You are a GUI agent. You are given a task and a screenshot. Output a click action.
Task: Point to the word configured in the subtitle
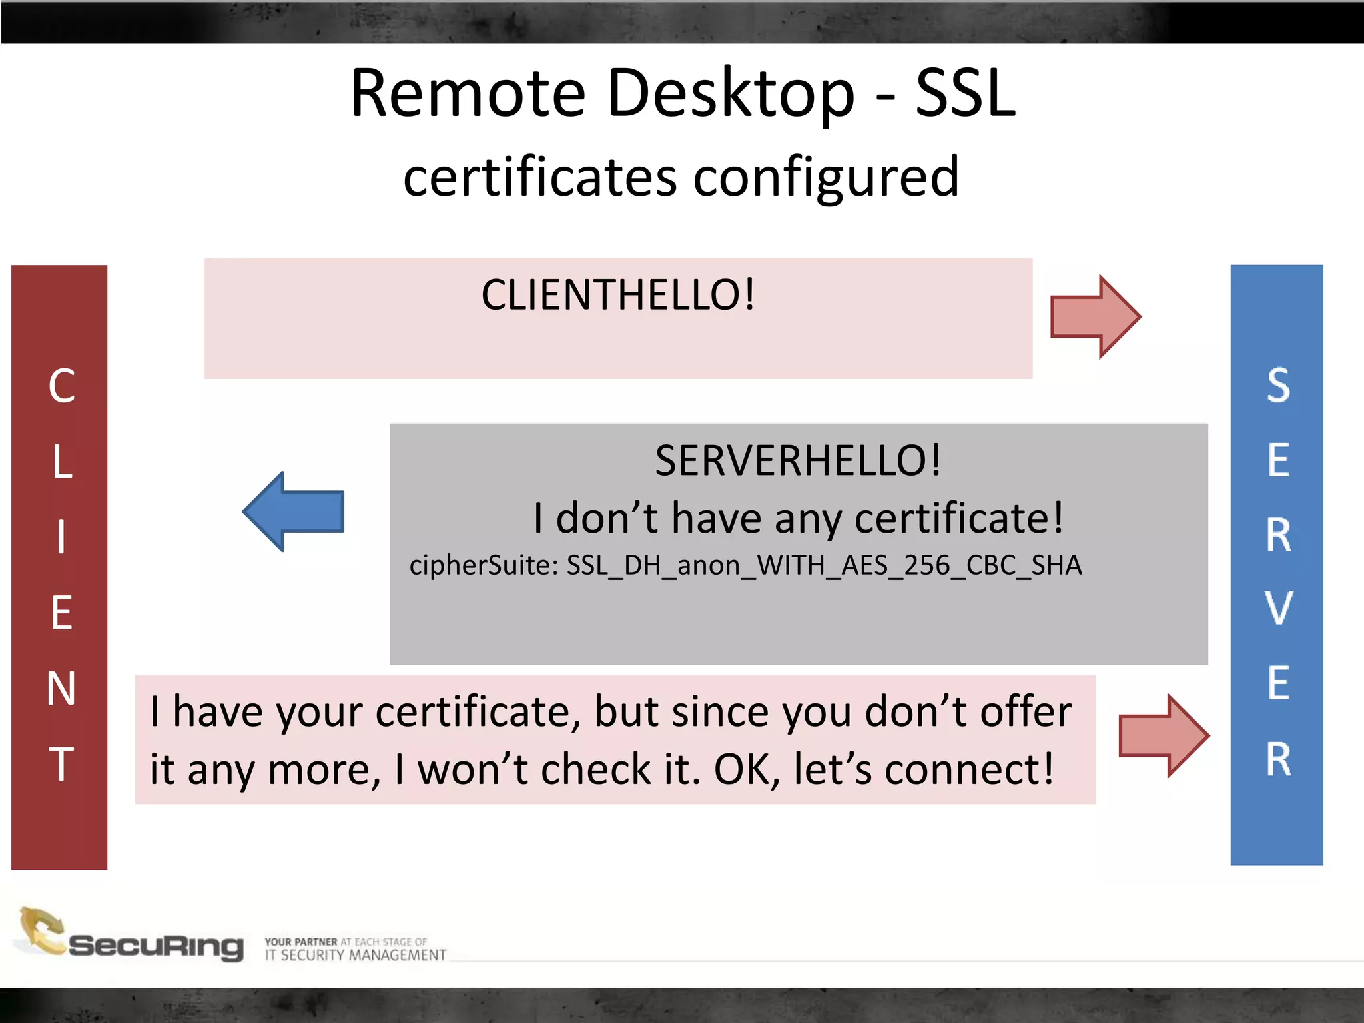click(x=826, y=178)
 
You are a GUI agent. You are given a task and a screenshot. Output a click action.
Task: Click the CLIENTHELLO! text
click(x=618, y=294)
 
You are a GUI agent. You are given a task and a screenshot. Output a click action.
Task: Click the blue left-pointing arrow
click(x=294, y=511)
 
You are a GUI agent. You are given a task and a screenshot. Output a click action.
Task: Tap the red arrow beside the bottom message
click(x=1163, y=735)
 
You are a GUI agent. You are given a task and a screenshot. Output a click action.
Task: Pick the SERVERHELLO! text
click(x=798, y=460)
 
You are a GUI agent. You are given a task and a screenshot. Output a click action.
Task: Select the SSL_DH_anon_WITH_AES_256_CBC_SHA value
click(x=824, y=565)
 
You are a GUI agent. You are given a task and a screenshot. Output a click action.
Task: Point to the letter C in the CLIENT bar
click(x=61, y=386)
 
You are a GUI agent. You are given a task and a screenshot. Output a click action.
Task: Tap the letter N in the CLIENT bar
click(x=61, y=688)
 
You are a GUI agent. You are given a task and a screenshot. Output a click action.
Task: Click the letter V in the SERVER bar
click(x=1278, y=609)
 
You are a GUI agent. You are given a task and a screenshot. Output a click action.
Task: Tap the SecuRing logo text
click(x=156, y=946)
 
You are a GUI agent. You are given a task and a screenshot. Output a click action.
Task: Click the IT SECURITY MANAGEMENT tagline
click(x=355, y=955)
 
